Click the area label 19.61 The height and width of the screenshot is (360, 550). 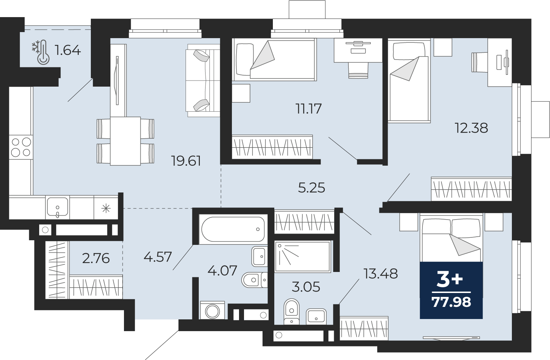click(x=186, y=161)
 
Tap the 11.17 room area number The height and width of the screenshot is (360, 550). click(x=308, y=109)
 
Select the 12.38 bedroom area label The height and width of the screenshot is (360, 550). click(x=471, y=128)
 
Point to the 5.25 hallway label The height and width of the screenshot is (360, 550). click(x=312, y=188)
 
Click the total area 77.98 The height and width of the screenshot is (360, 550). click(x=451, y=302)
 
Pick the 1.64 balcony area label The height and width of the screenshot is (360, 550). click(x=68, y=50)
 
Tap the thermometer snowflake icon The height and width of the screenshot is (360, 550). click(x=41, y=52)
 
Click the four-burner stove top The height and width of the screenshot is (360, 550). click(x=21, y=147)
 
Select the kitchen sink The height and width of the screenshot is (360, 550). click(x=57, y=207)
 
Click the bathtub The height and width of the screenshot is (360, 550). click(x=233, y=229)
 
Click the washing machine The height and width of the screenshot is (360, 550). click(x=212, y=310)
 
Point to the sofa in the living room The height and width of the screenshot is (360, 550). click(x=203, y=80)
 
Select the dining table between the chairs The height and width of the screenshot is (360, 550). click(x=125, y=141)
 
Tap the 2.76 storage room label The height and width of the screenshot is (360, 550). click(x=96, y=258)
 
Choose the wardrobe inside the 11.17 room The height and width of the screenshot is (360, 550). click(x=272, y=147)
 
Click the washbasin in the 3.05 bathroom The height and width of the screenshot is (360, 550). click(x=316, y=317)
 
